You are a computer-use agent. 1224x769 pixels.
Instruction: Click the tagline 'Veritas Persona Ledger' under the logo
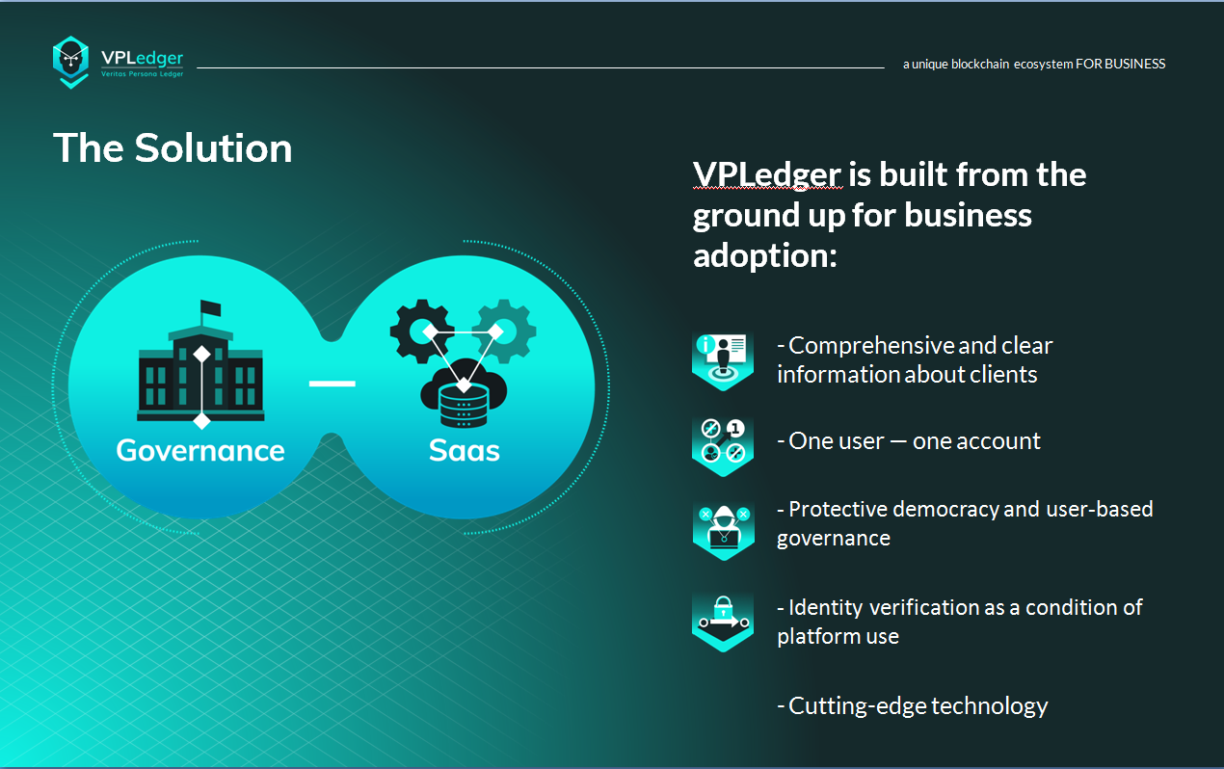pyautogui.click(x=142, y=74)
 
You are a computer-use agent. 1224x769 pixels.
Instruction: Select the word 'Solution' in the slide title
pyautogui.click(x=213, y=148)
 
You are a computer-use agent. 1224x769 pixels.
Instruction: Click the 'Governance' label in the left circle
pyautogui.click(x=200, y=450)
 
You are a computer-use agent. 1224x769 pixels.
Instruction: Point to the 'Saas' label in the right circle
pyautogui.click(x=464, y=450)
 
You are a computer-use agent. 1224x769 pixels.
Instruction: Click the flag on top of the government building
pyautogui.click(x=210, y=307)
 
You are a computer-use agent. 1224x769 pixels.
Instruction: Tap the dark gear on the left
pyautogui.click(x=421, y=331)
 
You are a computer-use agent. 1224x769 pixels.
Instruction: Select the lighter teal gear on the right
pyautogui.click(x=505, y=331)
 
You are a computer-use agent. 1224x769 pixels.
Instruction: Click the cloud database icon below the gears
pyautogui.click(x=464, y=392)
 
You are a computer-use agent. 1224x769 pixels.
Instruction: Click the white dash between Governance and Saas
pyautogui.click(x=333, y=384)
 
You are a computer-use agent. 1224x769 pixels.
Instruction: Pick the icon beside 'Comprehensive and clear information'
pyautogui.click(x=723, y=359)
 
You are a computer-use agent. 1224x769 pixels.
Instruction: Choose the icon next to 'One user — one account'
pyautogui.click(x=723, y=446)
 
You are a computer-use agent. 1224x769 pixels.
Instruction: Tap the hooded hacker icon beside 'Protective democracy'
pyautogui.click(x=724, y=530)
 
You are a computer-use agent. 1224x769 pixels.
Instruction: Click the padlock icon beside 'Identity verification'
pyautogui.click(x=723, y=622)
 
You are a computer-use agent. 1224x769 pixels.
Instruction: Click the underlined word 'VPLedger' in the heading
pyautogui.click(x=767, y=174)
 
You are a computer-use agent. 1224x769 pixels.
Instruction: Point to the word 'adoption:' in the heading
pyautogui.click(x=765, y=255)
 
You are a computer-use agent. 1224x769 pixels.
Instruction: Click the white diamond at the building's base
pyautogui.click(x=201, y=421)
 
